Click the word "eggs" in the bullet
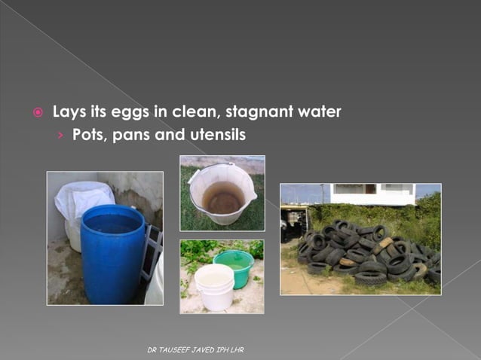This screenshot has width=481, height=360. (133, 113)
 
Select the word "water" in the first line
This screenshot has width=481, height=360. (320, 113)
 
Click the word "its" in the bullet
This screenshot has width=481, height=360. (102, 113)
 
